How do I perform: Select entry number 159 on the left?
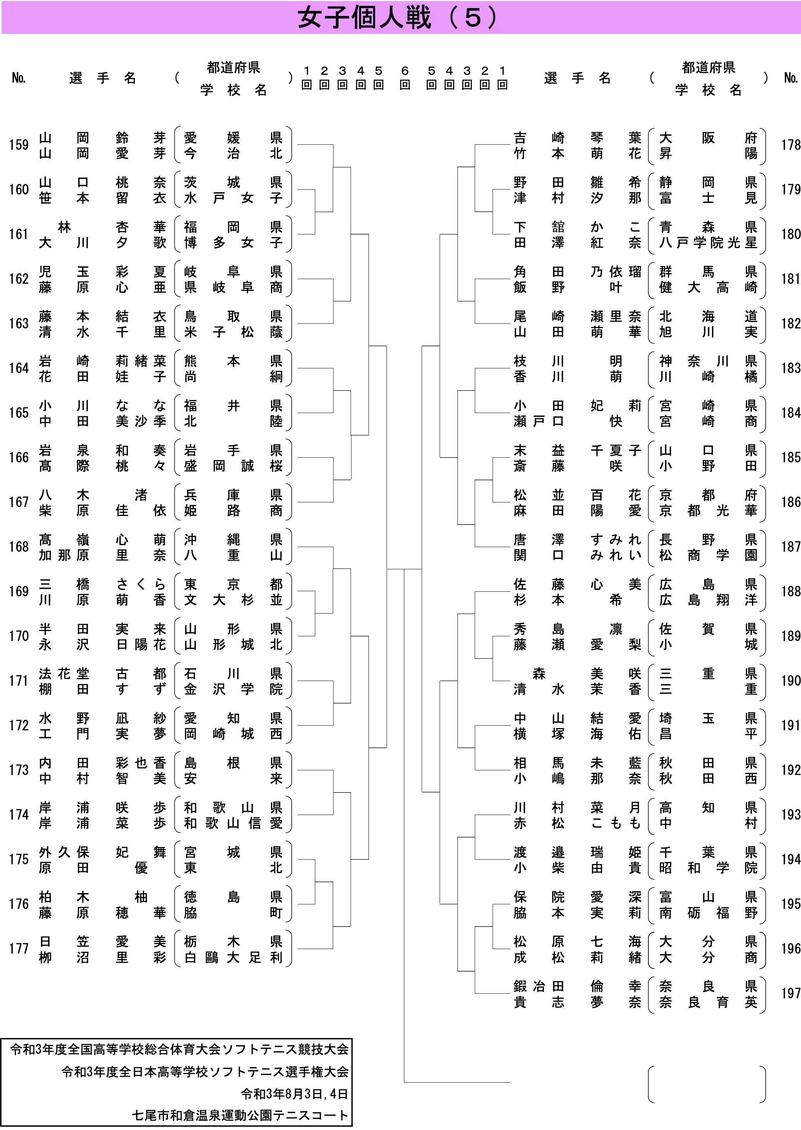click(x=19, y=145)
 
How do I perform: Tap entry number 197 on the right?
click(x=791, y=993)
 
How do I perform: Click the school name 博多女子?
click(x=233, y=243)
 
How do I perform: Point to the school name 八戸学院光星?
click(x=708, y=243)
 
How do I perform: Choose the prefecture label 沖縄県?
click(x=233, y=540)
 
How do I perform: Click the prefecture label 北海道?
click(x=708, y=316)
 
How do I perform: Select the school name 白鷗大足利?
click(x=233, y=957)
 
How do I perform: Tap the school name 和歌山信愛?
click(x=233, y=823)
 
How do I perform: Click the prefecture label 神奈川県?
click(x=708, y=361)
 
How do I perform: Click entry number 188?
click(x=791, y=591)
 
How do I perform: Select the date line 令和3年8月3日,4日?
click(x=294, y=1094)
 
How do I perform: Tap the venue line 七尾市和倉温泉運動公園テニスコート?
click(x=240, y=1115)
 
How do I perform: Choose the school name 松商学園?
click(x=708, y=555)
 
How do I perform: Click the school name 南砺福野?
click(x=708, y=913)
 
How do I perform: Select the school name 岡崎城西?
click(x=233, y=734)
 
